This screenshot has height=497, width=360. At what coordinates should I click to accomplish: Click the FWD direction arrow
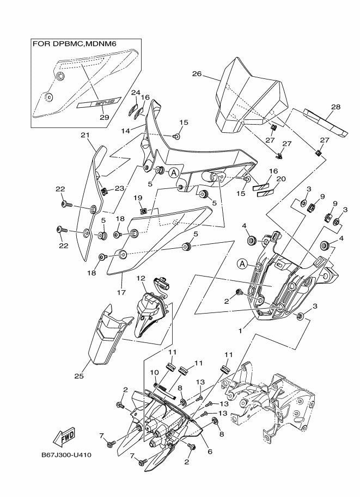point(65,437)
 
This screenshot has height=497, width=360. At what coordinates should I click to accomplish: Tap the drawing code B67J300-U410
point(66,455)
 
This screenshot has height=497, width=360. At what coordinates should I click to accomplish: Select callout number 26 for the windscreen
point(197,74)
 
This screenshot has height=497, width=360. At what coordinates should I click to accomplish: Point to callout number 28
point(335,107)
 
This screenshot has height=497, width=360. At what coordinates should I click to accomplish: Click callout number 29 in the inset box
point(105,117)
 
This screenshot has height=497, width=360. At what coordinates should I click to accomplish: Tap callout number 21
point(84,135)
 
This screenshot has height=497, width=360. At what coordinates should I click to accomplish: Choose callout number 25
point(79,376)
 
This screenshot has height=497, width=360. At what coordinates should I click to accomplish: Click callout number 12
point(141,278)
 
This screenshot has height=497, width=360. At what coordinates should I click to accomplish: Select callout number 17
point(121,292)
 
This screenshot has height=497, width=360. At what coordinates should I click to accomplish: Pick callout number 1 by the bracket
point(240,331)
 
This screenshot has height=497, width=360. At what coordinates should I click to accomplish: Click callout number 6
point(210,452)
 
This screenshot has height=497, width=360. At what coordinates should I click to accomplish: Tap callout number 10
point(154,371)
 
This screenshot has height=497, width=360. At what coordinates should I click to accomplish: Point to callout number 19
point(138,198)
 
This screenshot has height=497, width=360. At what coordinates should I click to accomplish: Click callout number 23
point(119,188)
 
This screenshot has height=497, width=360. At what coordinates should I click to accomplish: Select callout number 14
point(126,131)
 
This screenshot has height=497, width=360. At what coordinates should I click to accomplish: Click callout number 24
point(136,92)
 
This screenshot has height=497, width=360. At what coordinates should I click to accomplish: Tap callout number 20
point(281,179)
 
